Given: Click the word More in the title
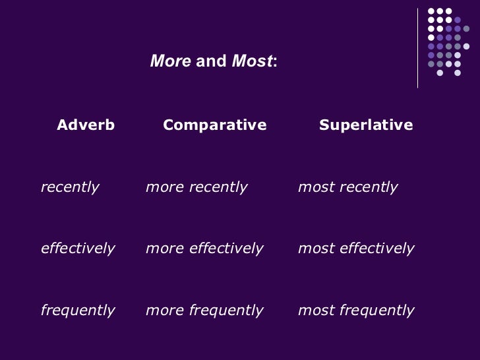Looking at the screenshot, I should coord(171,62).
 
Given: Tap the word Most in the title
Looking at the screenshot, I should coord(251,62).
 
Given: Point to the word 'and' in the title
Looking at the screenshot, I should coord(211,62).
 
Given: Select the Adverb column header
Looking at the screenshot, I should coord(86,125).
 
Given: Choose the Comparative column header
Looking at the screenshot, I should coord(214,125).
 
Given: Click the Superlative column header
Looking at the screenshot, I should coord(366,125).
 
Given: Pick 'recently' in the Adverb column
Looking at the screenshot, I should coord(70,187).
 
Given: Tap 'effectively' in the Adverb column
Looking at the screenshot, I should coord(78,249).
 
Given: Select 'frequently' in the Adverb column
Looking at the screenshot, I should coord(78,310).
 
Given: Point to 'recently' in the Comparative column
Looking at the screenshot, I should coord(218,187).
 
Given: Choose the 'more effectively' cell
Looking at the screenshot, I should coord(204,249).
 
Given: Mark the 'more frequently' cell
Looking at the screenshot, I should coord(204,310).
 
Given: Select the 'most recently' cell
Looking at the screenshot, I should coord(348,187).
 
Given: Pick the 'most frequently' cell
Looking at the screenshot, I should coord(356,310).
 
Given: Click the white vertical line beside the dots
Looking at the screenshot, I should coord(418,47).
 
